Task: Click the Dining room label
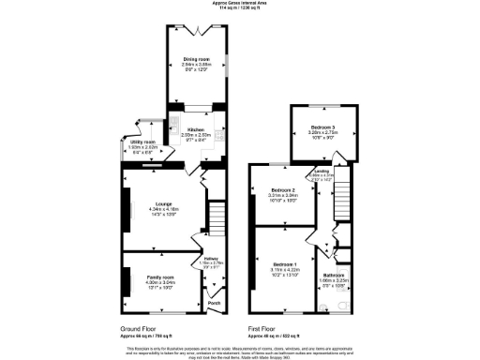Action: [x=196, y=58]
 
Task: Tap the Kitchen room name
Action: [x=196, y=129]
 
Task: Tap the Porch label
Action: [x=213, y=304]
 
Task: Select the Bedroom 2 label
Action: [x=283, y=190]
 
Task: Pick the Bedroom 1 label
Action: [x=283, y=264]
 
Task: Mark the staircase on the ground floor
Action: [x=217, y=222]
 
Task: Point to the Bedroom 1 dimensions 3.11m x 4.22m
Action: [x=283, y=271]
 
